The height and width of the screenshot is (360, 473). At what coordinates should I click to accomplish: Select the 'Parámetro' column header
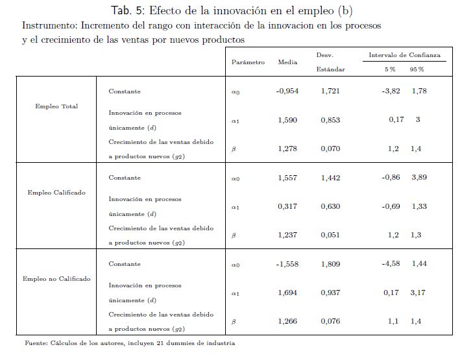[x=248, y=62]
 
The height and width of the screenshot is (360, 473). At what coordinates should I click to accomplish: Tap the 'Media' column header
[x=287, y=62]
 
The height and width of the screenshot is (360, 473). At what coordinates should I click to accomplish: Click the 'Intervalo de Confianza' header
[x=404, y=55]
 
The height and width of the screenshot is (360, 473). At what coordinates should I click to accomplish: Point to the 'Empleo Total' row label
[x=56, y=106]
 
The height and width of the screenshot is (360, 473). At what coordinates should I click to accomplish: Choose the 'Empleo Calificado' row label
[x=56, y=193]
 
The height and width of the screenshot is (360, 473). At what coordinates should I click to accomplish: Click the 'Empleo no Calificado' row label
[x=56, y=279]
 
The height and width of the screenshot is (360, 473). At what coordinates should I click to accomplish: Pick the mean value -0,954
[x=287, y=91]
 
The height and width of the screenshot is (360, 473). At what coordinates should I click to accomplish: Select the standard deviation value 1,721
[x=330, y=91]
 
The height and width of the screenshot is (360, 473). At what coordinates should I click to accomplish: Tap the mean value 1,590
[x=287, y=121]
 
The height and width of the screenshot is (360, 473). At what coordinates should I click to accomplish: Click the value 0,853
[x=330, y=121]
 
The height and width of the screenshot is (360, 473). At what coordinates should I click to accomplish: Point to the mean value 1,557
[x=287, y=178]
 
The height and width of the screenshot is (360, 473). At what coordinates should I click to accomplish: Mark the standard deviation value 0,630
[x=330, y=207]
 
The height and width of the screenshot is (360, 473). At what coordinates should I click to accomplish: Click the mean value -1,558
[x=287, y=264]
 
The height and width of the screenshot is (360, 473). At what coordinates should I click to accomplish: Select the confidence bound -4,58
[x=393, y=264]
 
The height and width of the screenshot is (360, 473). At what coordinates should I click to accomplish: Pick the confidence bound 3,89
[x=418, y=178]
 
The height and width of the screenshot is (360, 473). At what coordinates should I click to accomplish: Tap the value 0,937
[x=330, y=293]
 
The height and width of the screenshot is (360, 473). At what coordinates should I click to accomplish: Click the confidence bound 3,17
[x=418, y=293]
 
